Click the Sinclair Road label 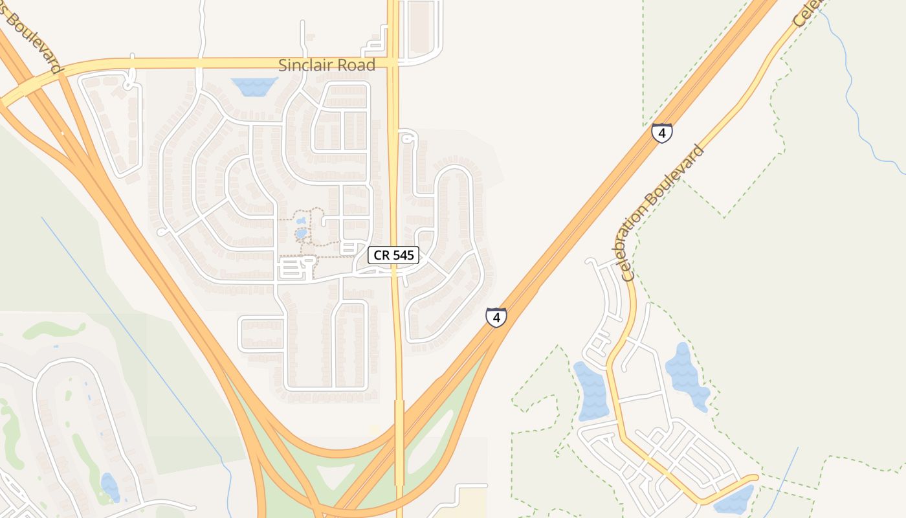327,65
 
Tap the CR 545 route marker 393,255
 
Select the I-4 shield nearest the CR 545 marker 496,317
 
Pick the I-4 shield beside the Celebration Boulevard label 661,133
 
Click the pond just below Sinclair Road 254,86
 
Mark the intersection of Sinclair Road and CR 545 393,63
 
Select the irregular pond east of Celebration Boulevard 686,376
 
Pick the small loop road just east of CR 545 406,138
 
